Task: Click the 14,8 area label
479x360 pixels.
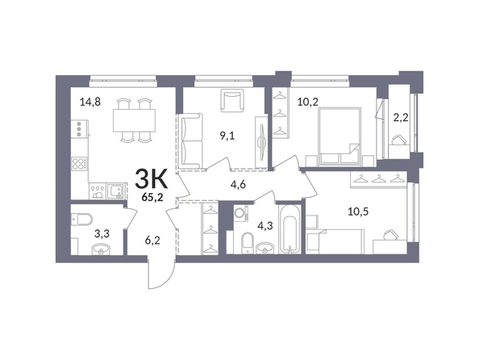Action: tap(90, 101)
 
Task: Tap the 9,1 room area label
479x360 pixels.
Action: tap(227, 136)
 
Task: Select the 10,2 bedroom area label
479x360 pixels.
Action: tap(308, 102)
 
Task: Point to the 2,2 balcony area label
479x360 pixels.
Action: tap(401, 117)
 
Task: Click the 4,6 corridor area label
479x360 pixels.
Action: tap(239, 185)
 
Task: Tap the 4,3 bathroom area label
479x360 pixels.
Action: tap(265, 226)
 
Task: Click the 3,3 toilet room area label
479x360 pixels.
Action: tap(102, 234)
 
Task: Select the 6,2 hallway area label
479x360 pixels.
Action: tap(152, 241)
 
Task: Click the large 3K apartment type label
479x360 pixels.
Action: tap(152, 179)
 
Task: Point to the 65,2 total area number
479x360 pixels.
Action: tap(152, 197)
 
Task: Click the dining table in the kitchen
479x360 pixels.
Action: tap(134, 120)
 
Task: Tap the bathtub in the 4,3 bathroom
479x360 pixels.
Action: tap(289, 228)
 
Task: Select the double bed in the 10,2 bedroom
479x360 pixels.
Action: tap(339, 136)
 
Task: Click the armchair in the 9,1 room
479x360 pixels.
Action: tap(232, 100)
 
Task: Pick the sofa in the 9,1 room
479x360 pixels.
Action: tap(192, 140)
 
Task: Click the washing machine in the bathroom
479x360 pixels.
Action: tap(241, 212)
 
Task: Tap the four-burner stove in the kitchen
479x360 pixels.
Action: tap(79, 164)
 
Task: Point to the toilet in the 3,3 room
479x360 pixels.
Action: tap(82, 220)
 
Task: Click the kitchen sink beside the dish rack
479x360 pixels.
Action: tap(115, 190)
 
